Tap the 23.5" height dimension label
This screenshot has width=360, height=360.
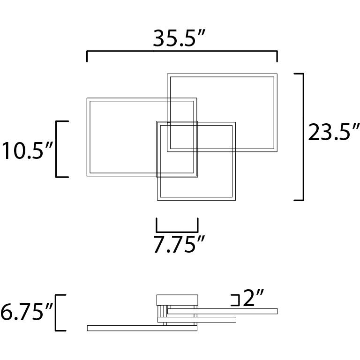[x=334, y=133]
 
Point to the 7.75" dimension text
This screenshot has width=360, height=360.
[x=180, y=245]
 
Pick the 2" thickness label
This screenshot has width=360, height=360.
[x=254, y=299]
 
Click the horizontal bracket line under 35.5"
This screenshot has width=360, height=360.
[x=182, y=52]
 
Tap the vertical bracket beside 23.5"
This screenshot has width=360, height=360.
[x=303, y=136]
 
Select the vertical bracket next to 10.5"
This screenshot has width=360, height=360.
[x=57, y=149]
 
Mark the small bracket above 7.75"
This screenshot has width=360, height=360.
[x=177, y=231]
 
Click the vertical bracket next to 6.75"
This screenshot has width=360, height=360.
[x=57, y=313]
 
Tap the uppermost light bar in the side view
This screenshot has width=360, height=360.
[x=223, y=311]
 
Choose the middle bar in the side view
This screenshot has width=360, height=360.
[x=196, y=320]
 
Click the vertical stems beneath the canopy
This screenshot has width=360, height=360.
[x=161, y=310]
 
